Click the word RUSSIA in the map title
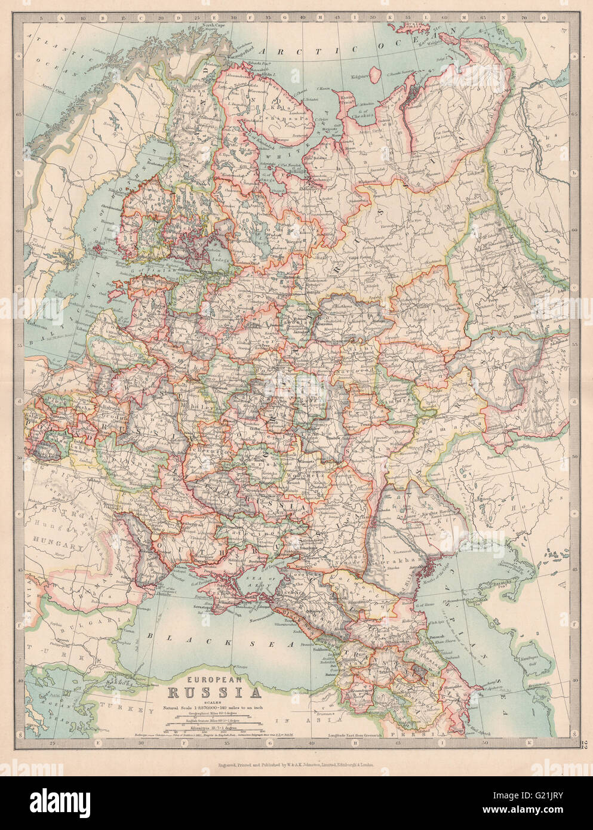(214, 693)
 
